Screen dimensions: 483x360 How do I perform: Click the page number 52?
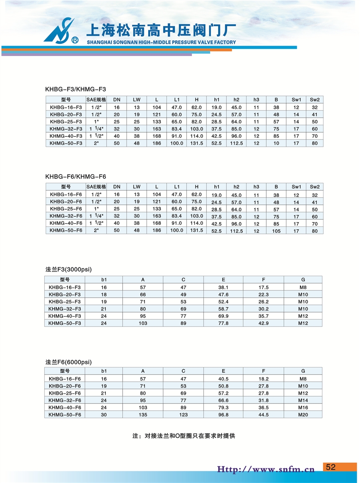point(331,467)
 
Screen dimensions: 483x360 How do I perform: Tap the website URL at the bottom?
point(265,469)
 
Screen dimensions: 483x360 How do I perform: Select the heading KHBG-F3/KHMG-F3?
point(76,89)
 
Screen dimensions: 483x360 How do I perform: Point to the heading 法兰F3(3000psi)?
point(68,269)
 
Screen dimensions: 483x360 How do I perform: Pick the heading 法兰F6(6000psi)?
point(68,362)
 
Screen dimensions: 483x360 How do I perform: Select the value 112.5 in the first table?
point(236,143)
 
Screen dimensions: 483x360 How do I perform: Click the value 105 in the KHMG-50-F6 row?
point(276,231)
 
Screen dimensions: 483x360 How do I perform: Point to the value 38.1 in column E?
point(223,287)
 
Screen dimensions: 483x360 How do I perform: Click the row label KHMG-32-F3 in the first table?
point(66,128)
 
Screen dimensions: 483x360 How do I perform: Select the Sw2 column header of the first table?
point(314,100)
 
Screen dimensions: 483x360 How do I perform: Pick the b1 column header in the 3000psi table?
point(104,280)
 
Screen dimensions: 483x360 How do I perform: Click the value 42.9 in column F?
point(263,323)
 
